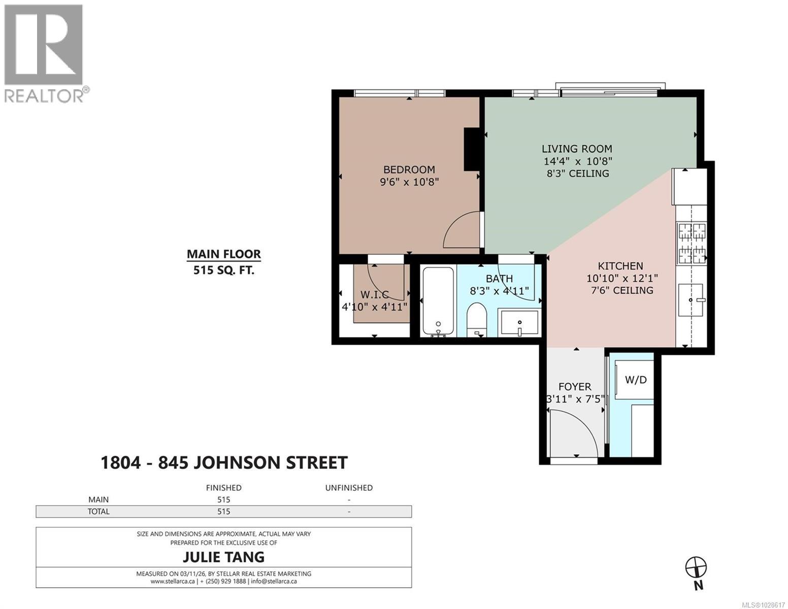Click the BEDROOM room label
tap(409, 170)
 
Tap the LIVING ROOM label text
tap(577, 149)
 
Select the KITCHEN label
tap(620, 266)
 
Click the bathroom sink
tap(519, 323)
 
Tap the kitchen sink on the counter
tap(691, 300)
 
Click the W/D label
tap(635, 380)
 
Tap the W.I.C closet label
tap(374, 295)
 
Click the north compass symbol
tap(696, 567)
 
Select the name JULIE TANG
tap(223, 557)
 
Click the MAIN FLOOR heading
tap(223, 254)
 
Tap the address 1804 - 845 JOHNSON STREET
tap(224, 463)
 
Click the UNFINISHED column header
tap(348, 488)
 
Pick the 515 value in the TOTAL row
tap(223, 512)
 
